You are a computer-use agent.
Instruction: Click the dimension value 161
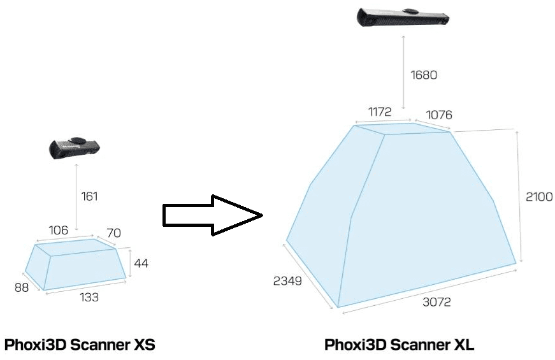point(89,196)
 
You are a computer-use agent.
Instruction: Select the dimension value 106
point(58,230)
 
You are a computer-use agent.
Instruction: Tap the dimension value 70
point(113,233)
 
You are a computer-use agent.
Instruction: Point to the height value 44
point(141,263)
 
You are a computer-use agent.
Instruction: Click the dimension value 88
point(22,287)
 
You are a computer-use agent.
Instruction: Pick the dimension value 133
point(89,297)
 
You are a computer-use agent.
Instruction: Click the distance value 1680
point(424,75)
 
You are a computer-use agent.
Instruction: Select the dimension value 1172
point(379,112)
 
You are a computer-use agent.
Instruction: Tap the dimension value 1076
point(439,115)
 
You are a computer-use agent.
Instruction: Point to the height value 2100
point(539,196)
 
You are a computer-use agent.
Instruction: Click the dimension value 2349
point(287,281)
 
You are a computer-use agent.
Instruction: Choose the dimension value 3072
point(436,302)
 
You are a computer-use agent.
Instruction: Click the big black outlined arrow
point(212,215)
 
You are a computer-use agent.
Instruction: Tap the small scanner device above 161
point(75,148)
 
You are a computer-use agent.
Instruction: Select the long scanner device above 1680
point(403,17)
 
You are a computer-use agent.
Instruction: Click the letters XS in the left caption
point(143,345)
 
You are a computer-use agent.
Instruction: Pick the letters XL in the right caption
point(464,345)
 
